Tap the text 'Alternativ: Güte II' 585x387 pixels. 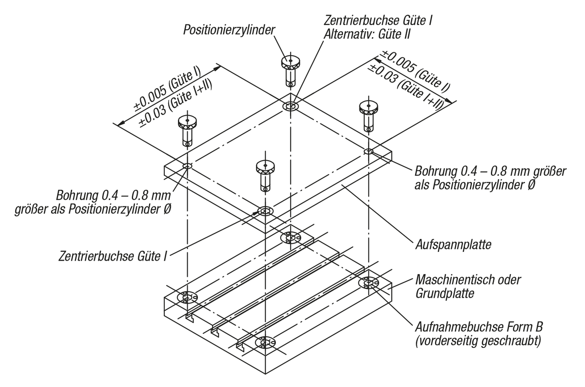367,35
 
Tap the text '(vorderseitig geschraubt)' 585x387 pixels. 477,341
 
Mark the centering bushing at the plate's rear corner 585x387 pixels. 291,106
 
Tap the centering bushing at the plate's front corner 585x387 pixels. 265,212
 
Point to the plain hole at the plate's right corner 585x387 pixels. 369,151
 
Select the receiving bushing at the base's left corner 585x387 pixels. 187,297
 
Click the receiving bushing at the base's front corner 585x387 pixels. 265,343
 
